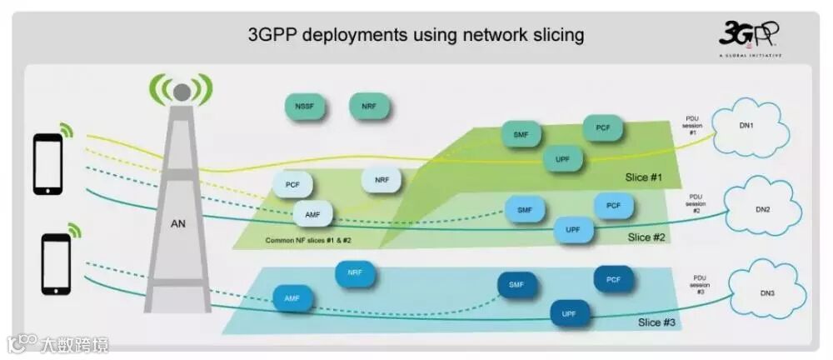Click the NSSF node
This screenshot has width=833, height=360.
[x=304, y=107]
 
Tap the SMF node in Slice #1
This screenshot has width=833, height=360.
[x=521, y=133]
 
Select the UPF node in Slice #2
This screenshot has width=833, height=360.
[x=573, y=229]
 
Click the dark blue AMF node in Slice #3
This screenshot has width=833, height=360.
[x=292, y=297]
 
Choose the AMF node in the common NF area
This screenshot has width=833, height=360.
[x=312, y=214]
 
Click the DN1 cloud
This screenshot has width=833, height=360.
[x=746, y=126]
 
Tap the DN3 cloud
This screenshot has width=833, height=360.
[x=767, y=293]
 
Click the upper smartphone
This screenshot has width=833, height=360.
[x=47, y=163]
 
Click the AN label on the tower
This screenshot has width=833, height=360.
[x=177, y=223]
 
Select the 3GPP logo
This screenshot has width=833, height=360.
[x=749, y=37]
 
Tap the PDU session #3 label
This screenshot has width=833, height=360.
[x=701, y=286]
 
